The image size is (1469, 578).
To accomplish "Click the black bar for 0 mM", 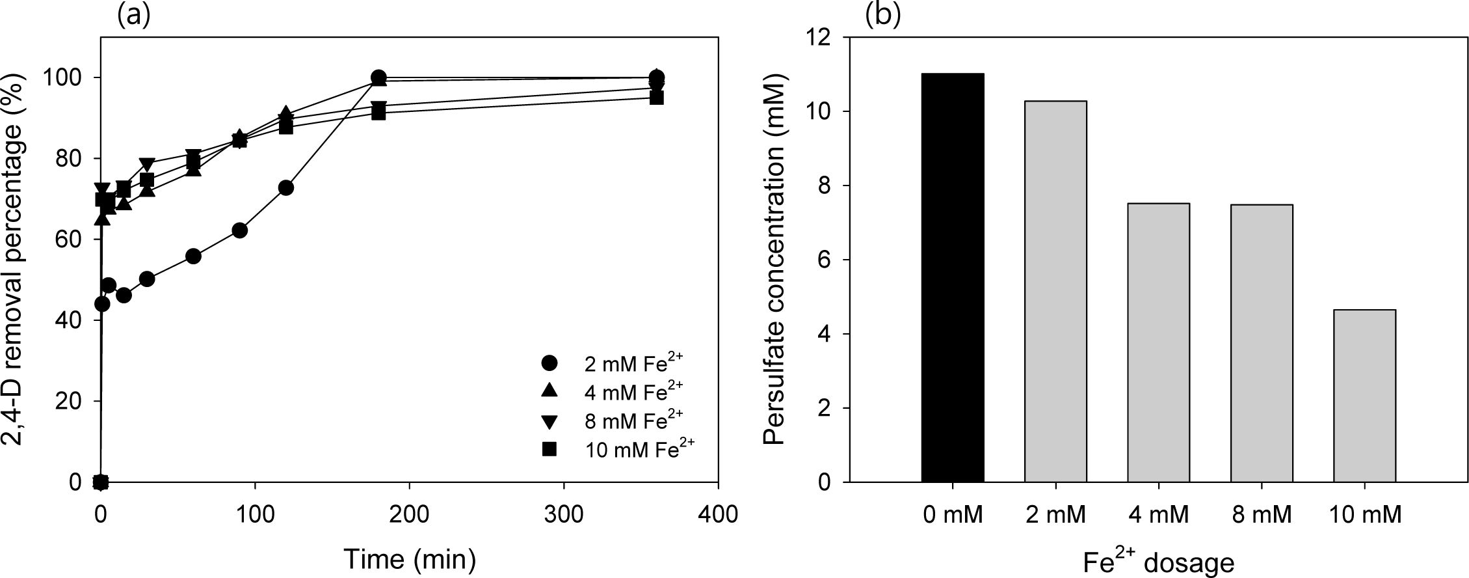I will point(953,278).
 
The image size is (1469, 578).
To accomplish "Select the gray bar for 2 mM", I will point(1055,292).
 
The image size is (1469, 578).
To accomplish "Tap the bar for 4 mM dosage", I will point(1158,343).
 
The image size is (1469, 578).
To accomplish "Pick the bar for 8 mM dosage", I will point(1262,344).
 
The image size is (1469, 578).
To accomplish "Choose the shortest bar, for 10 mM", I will point(1364,396).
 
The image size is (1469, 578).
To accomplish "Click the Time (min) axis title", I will point(409,559).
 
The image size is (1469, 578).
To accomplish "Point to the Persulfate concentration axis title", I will point(775,259).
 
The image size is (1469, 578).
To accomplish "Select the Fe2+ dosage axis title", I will point(1158,561).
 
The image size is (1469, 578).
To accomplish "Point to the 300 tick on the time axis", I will point(563,514).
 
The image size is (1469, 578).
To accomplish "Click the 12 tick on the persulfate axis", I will point(819,38).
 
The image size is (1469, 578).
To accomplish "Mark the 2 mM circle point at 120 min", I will point(285,187).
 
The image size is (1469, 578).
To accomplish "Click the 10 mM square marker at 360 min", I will point(657,98).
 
